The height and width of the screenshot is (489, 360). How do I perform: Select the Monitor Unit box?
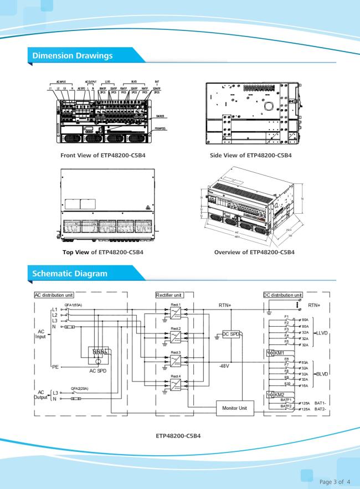[235, 409]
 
